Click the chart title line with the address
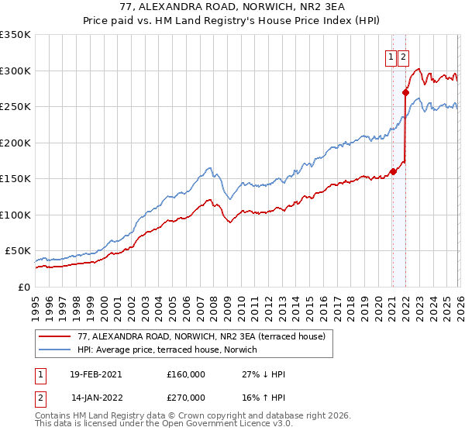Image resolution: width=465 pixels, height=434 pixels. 232,7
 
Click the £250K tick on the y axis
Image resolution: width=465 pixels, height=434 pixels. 15,106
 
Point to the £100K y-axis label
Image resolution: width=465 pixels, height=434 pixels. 15,215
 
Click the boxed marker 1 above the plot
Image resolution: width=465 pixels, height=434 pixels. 392,56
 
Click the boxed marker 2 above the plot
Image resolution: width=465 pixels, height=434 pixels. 405,56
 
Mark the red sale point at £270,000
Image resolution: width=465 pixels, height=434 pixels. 405,92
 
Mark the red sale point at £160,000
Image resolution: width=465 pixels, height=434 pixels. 393,171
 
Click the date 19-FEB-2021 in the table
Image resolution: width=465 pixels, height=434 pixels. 95,374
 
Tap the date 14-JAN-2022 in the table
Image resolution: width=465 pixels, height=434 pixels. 95,397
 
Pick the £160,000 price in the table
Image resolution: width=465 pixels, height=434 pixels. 186,374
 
